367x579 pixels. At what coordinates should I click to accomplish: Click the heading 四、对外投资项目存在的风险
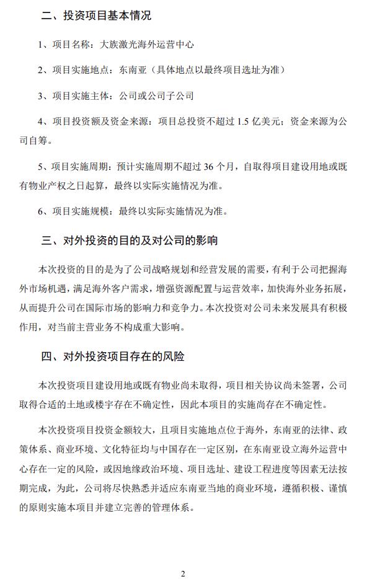(112, 358)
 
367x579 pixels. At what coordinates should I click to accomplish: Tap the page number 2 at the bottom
(183, 573)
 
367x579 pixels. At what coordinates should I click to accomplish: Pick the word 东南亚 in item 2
(131, 70)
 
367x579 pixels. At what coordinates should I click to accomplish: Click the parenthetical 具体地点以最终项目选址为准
(217, 70)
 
